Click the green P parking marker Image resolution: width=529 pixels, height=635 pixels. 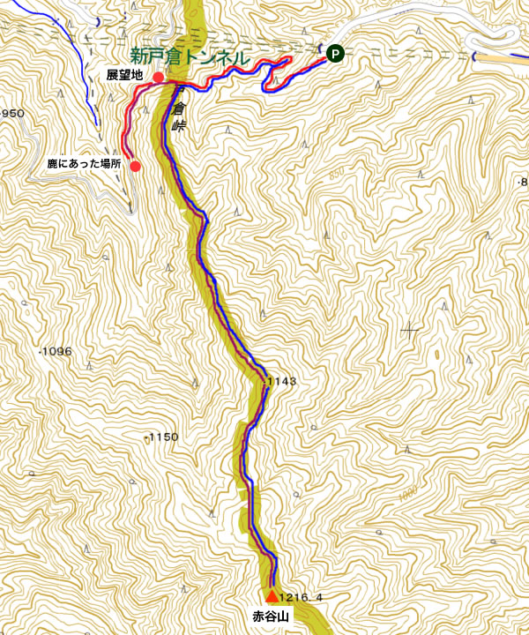335,54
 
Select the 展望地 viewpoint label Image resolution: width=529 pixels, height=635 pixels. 125,75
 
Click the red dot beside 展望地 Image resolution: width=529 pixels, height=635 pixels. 158,78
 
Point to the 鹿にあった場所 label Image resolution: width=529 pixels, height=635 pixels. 84,164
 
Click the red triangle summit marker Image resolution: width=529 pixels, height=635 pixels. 271,595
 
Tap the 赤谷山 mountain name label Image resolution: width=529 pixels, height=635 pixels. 270,616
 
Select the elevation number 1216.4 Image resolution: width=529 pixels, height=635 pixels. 301,597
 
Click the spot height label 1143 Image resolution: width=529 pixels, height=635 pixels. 280,382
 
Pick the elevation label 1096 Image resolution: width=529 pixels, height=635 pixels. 56,352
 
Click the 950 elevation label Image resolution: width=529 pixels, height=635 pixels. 12,114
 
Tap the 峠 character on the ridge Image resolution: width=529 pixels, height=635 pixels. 180,126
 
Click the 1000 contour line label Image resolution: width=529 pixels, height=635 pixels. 406,496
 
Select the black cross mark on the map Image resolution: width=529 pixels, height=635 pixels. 410,332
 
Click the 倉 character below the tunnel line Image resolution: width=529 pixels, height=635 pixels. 180,108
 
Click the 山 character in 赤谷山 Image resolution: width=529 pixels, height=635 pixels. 282,616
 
